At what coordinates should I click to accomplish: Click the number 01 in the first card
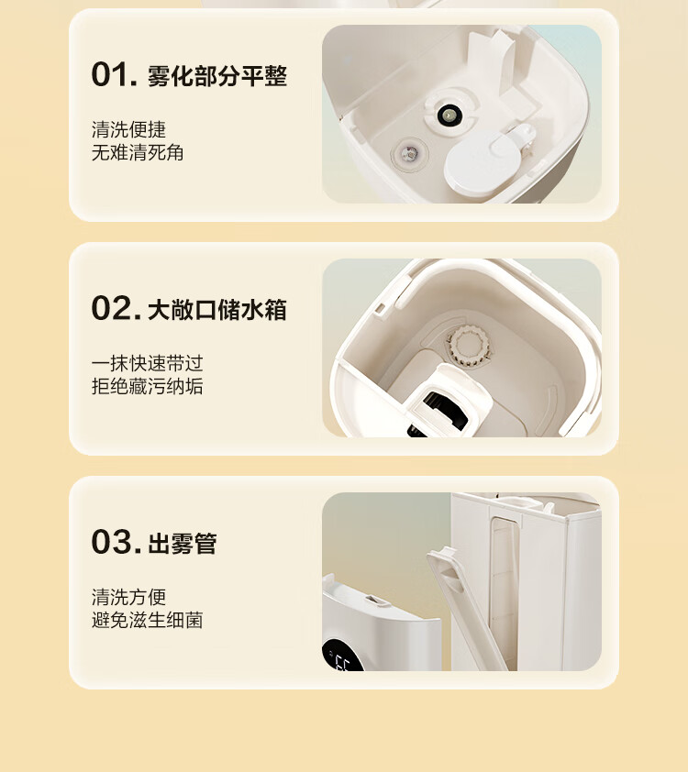115,75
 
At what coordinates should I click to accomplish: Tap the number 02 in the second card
117,308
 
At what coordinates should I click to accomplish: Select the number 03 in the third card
117,542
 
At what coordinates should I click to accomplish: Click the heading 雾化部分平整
217,76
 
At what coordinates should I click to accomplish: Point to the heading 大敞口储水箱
217,310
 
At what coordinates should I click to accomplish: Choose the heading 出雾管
183,544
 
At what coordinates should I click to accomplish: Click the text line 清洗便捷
128,129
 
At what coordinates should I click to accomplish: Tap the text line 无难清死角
138,152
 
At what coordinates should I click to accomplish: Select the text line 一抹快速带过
147,363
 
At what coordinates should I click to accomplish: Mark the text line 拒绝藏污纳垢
147,387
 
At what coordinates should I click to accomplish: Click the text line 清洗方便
128,597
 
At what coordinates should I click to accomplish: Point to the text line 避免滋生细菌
147,621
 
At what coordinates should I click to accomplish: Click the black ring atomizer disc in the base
449,116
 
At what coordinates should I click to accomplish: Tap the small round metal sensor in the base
409,154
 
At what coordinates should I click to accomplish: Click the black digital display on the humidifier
341,657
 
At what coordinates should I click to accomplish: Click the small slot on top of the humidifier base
375,601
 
